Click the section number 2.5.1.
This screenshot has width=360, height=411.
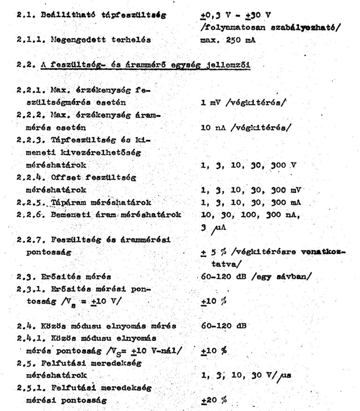pos(29,388)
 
